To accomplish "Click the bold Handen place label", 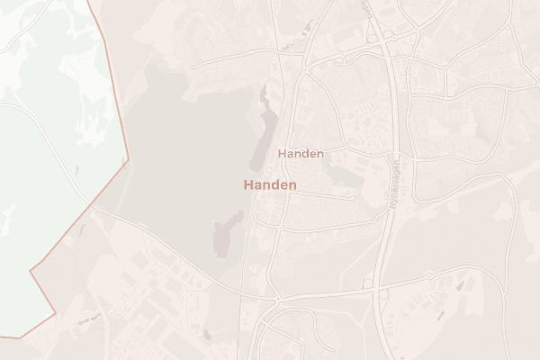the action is click(270, 184).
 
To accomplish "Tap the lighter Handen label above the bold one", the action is click(301, 154).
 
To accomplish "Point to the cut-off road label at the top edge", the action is click(367, 7).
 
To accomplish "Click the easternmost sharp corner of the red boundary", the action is click(129, 159).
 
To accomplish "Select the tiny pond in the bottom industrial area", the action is click(207, 335).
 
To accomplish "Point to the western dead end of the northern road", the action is click(192, 65).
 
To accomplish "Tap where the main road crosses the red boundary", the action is click(94, 208).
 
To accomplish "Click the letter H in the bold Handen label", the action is click(247, 184).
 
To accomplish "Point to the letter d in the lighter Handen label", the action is click(303, 154).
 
